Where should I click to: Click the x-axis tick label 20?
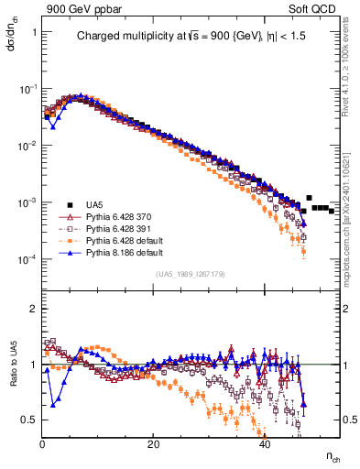coord(154,444)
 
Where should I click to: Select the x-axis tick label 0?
coord(43,444)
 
